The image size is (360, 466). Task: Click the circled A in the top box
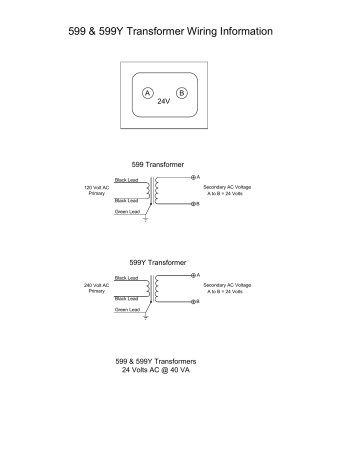[x=148, y=92]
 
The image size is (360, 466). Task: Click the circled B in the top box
[x=181, y=92]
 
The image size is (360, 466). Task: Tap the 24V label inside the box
[x=165, y=102]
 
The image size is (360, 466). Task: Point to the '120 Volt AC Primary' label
[x=96, y=190]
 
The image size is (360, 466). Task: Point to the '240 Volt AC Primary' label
[x=96, y=288]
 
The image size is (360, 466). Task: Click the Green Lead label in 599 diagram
[x=127, y=211]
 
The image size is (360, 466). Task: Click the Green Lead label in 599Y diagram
[x=127, y=309]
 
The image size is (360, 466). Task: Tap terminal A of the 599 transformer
[x=194, y=177]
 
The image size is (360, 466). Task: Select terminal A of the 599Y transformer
[x=194, y=275]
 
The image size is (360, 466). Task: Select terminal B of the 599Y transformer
[x=194, y=300]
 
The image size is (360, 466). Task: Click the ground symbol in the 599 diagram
[x=146, y=219]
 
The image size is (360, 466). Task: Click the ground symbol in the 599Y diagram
[x=146, y=317]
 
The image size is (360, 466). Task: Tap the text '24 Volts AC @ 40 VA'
[x=155, y=368]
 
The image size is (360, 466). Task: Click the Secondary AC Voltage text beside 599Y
[x=227, y=287]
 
